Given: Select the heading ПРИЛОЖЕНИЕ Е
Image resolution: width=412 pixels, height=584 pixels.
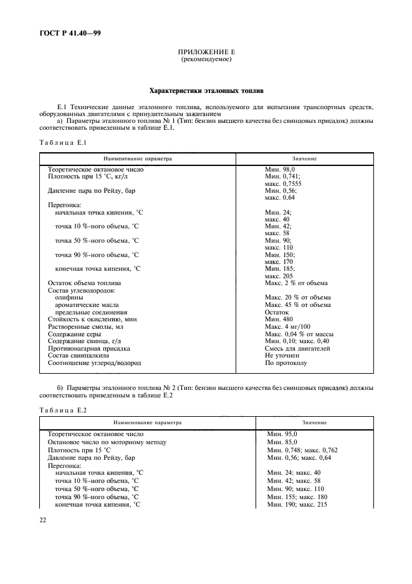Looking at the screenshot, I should [206, 53].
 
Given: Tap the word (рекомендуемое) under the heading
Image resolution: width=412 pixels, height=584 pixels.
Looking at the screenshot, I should [206, 60].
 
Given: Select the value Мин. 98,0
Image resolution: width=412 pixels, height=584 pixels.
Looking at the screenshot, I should [280, 169].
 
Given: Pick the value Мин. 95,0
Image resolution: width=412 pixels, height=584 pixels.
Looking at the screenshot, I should [282, 434].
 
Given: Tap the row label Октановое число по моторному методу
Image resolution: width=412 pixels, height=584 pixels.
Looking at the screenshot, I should [107, 442].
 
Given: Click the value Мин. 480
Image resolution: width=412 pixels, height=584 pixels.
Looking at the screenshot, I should [279, 319].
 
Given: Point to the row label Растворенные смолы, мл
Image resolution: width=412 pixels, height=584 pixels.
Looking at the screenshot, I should [86, 326].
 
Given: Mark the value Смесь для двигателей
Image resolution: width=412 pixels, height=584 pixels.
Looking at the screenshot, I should [297, 348].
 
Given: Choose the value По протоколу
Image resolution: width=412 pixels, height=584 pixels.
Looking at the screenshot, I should [285, 363].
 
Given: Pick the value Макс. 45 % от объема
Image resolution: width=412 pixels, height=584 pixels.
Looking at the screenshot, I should [297, 304].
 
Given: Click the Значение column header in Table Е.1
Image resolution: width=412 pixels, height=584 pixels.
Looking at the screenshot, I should [304, 158].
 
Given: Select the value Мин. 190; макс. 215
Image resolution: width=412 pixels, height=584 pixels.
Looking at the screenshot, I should [297, 504].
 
